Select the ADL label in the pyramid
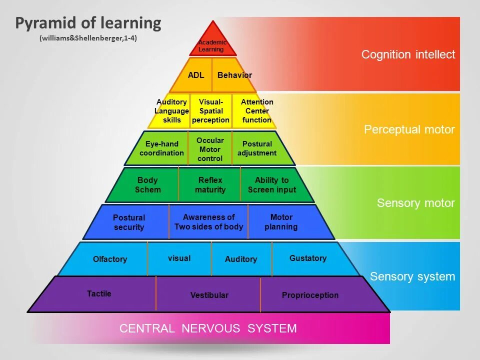pyautogui.click(x=196, y=75)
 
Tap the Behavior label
pyautogui.click(x=234, y=75)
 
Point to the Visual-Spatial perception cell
pyautogui.click(x=210, y=111)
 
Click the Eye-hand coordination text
pyautogui.click(x=161, y=148)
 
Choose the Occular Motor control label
pyautogui.click(x=210, y=149)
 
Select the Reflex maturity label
pyautogui.click(x=210, y=185)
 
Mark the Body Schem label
pyautogui.click(x=147, y=185)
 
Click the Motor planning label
pyautogui.click(x=281, y=222)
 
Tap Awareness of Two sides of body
pyautogui.click(x=208, y=222)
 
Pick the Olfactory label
pyautogui.click(x=110, y=259)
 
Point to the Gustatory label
pyautogui.click(x=308, y=258)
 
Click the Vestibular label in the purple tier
pyautogui.click(x=209, y=295)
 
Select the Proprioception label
pyautogui.click(x=310, y=295)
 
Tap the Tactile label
pyautogui.click(x=99, y=293)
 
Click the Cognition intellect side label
pyautogui.click(x=408, y=54)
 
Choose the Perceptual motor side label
pyautogui.click(x=409, y=129)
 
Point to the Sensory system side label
pyautogui.click(x=412, y=276)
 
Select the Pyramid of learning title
pyautogui.click(x=88, y=23)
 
